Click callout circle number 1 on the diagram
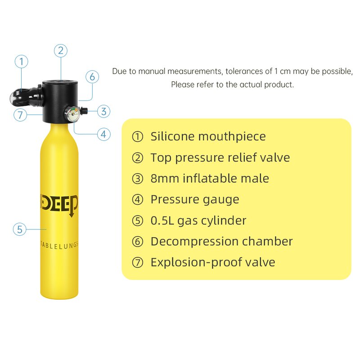tap(21, 62)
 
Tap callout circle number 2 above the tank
tap(61, 50)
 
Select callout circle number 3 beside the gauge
tap(103, 111)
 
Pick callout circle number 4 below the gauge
tap(103, 134)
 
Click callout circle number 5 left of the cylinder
tap(19, 229)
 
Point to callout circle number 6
tap(92, 76)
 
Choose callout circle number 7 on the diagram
tap(20, 115)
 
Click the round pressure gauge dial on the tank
tap(72, 112)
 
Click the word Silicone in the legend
tap(172, 136)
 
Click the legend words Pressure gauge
tap(195, 199)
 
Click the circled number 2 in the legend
tap(137, 158)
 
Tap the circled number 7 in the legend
tap(137, 263)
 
